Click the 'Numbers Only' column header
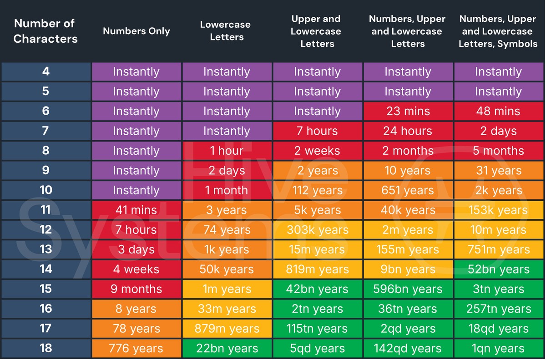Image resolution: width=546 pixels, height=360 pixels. [136, 31]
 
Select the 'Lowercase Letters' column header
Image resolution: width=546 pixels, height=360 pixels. [227, 31]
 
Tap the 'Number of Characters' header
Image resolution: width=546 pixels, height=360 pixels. [45, 31]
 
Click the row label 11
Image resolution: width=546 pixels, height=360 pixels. [45, 210]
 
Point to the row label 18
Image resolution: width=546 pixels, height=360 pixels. [45, 348]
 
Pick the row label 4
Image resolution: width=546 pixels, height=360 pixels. [45, 71]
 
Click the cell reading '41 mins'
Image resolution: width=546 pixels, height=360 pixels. [136, 210]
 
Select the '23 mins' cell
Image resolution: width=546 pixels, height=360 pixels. [408, 112]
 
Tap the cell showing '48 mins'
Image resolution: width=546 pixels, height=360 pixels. [498, 112]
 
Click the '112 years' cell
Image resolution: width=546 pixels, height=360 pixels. [317, 190]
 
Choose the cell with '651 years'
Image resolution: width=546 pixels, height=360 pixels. [408, 190]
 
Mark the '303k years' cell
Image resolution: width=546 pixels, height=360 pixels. [317, 230]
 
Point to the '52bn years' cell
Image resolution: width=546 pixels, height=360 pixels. [498, 269]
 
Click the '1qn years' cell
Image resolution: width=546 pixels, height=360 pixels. [498, 349]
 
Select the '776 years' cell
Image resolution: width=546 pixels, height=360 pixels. [136, 349]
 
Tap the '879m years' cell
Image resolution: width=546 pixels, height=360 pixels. [227, 329]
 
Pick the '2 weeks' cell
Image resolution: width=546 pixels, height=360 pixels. [317, 151]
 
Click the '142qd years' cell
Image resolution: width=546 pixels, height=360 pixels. [408, 349]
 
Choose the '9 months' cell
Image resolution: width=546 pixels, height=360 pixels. [136, 289]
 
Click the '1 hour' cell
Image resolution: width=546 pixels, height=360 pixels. [227, 151]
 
